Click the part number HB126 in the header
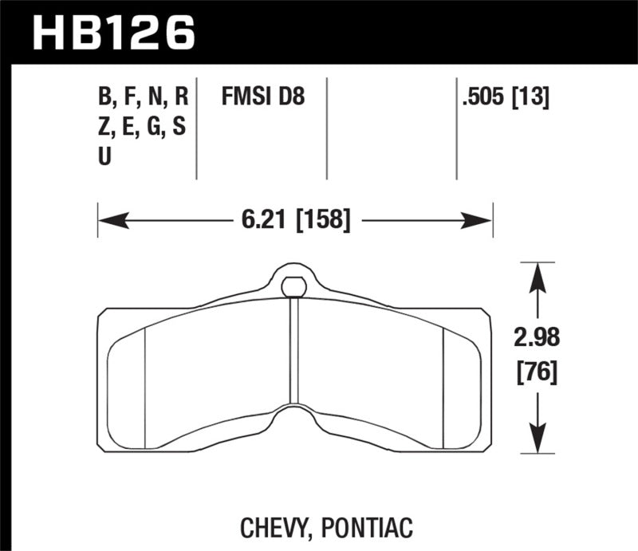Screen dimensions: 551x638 pyautogui.click(x=112, y=33)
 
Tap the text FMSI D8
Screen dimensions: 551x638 pyautogui.click(x=263, y=98)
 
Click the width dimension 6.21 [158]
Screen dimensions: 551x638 pyautogui.click(x=294, y=218)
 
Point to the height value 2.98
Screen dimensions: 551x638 pyautogui.click(x=538, y=339)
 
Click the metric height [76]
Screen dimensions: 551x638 pyautogui.click(x=538, y=371)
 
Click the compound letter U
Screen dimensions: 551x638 pyautogui.click(x=104, y=157)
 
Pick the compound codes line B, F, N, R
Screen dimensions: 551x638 pyautogui.click(x=144, y=98)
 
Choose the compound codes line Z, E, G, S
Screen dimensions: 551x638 pyautogui.click(x=144, y=128)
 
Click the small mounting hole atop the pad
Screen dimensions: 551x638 pyautogui.click(x=294, y=284)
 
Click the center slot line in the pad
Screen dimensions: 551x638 pyautogui.click(x=294, y=351)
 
